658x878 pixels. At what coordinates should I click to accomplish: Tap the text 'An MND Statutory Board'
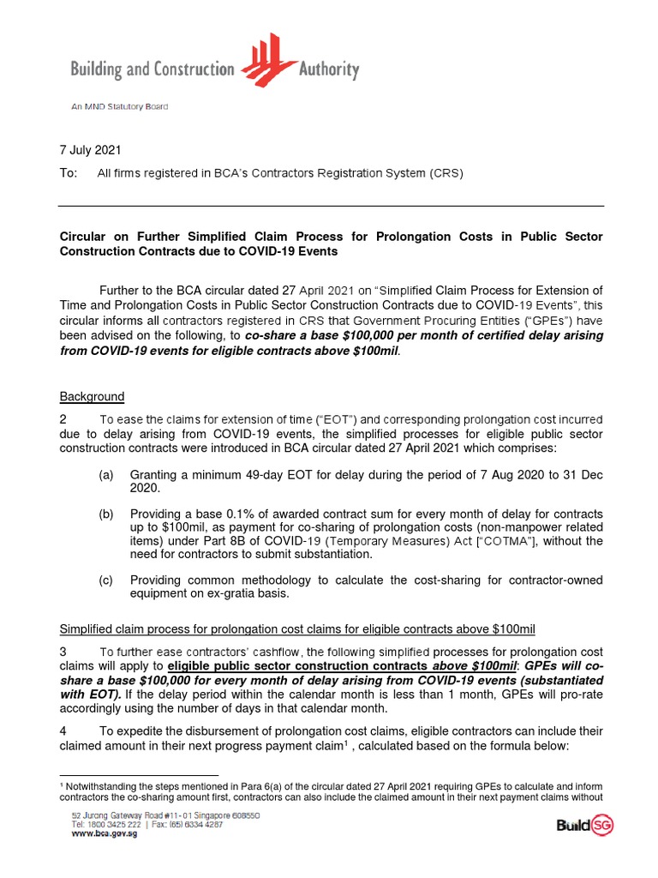(x=119, y=106)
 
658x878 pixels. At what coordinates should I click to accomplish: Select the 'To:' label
(x=68, y=172)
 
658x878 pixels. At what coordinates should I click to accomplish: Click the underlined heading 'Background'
(x=92, y=396)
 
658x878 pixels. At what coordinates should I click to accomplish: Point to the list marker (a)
(x=106, y=474)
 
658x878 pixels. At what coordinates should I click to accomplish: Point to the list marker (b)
(x=106, y=513)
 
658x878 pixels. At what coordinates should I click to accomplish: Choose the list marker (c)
(x=106, y=580)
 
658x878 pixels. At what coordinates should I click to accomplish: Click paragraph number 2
(x=63, y=419)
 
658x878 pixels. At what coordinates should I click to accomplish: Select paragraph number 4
(x=63, y=731)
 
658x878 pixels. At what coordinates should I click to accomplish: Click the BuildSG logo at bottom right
(x=584, y=826)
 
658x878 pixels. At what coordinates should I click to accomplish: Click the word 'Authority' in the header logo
(x=329, y=69)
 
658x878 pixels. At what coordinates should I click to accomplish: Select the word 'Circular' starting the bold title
(x=83, y=236)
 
